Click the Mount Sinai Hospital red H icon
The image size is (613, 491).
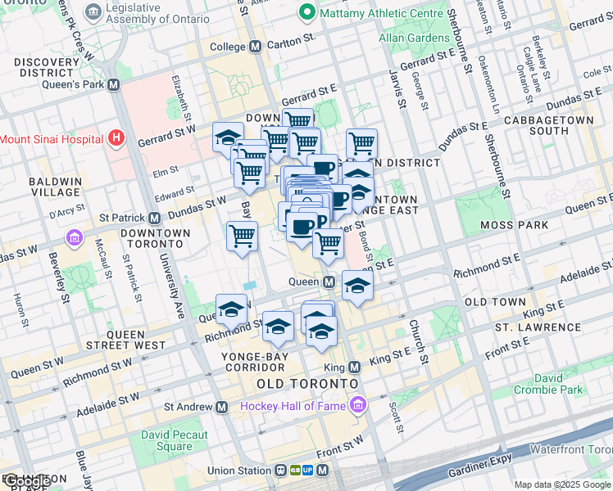[116, 138]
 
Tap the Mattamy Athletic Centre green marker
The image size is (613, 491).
[307, 12]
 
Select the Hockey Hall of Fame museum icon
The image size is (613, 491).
[358, 405]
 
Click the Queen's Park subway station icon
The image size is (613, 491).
[113, 84]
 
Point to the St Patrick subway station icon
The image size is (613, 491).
[154, 218]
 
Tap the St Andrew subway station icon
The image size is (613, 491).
[220, 407]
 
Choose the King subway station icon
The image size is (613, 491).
[355, 367]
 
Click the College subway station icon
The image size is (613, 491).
[255, 47]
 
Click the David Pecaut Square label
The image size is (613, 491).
[174, 441]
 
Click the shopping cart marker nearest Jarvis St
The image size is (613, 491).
[361, 143]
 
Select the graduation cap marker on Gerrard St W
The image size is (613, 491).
[227, 137]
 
